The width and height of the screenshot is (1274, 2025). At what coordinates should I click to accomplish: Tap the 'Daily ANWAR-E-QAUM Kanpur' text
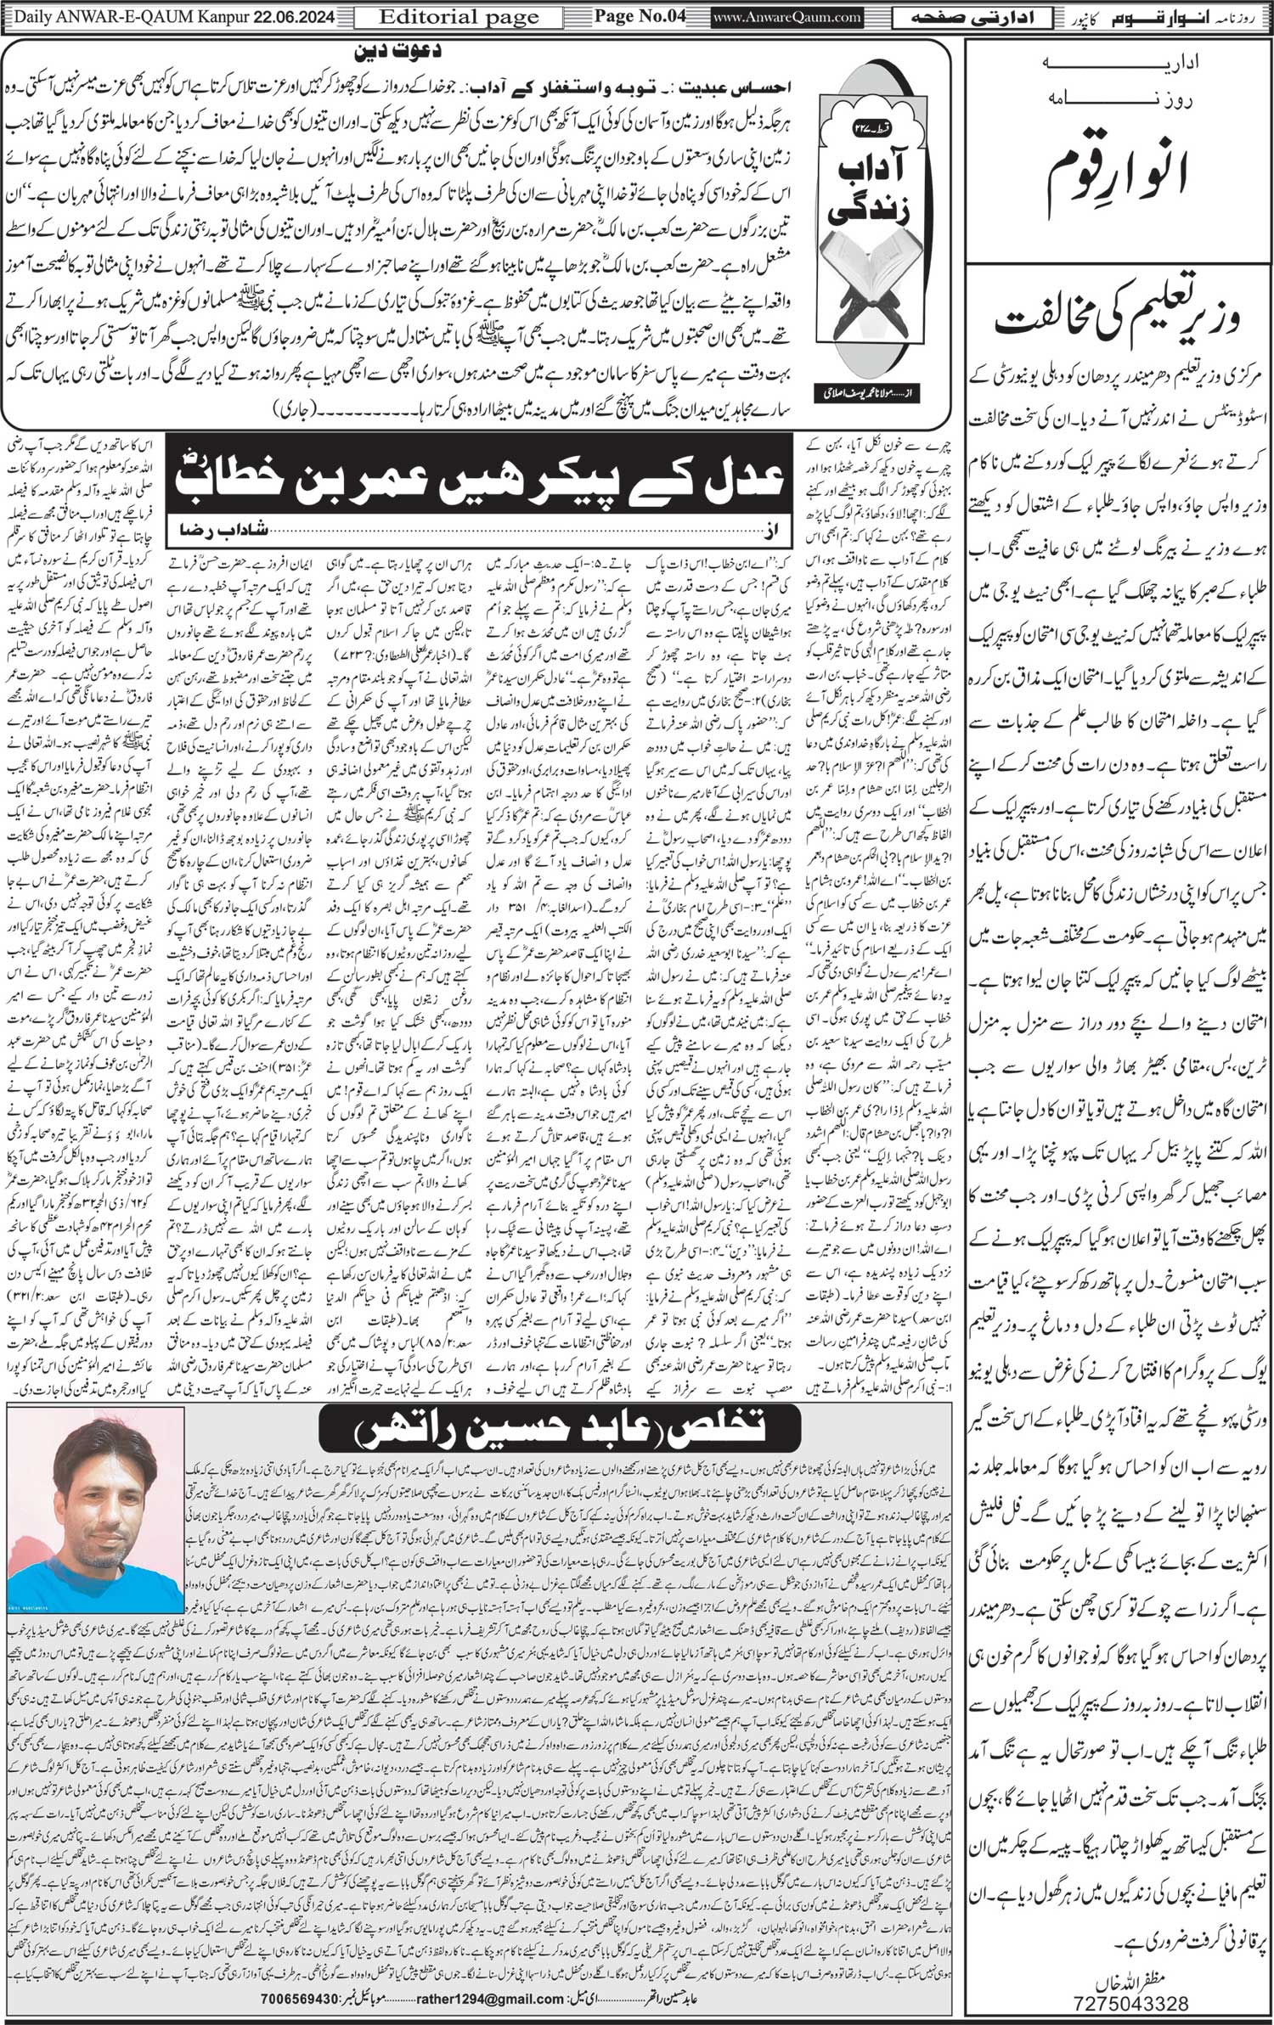tap(119, 16)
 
